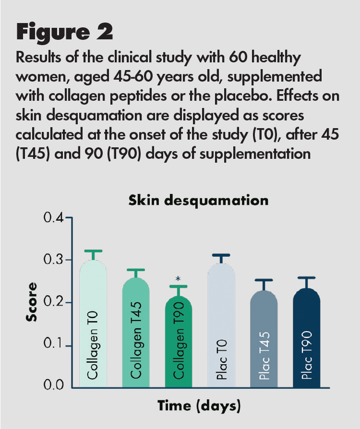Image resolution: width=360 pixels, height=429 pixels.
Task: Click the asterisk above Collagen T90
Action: click(178, 279)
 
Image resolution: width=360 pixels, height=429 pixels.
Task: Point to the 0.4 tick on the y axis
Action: click(54, 218)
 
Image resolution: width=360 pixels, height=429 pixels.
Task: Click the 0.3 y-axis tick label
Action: click(54, 260)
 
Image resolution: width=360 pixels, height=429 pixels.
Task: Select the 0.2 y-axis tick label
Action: click(54, 303)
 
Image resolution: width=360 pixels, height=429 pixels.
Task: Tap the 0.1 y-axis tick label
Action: click(54, 346)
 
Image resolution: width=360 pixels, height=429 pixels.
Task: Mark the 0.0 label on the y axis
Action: click(54, 385)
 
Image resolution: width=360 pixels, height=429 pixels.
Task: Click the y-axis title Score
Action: click(32, 303)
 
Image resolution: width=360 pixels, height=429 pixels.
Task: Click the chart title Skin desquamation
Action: click(198, 200)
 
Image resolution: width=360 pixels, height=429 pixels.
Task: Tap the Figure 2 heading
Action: click(65, 32)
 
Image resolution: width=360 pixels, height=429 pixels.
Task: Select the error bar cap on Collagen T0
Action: click(93, 251)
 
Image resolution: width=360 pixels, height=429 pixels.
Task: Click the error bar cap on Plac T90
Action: click(306, 278)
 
